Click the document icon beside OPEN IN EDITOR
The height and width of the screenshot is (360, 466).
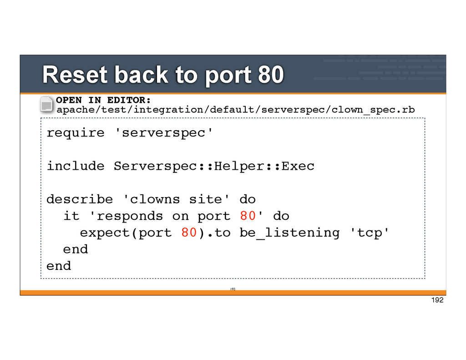click(x=46, y=104)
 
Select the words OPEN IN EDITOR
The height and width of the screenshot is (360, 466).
click(x=103, y=100)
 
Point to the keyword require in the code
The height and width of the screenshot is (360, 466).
click(x=76, y=133)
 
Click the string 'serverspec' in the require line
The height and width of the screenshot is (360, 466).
click(x=163, y=133)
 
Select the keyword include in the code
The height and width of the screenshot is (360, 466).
click(x=76, y=166)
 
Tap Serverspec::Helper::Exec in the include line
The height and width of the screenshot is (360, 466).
click(x=214, y=166)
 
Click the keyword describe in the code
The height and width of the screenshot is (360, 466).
click(x=80, y=199)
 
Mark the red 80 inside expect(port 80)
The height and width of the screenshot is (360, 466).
click(x=189, y=233)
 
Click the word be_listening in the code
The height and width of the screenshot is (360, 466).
click(x=289, y=233)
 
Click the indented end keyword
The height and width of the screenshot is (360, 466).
click(x=76, y=249)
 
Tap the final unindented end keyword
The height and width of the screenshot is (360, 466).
click(x=59, y=266)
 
